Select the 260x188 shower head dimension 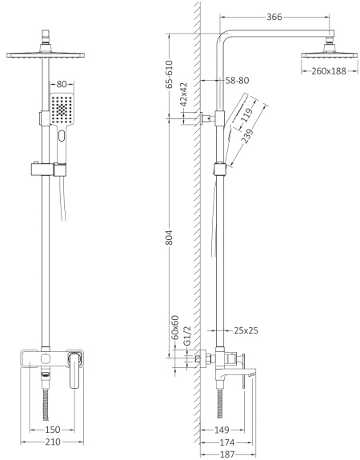point(328,70)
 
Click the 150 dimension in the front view point(52,430)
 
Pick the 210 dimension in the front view point(52,442)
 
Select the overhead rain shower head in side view point(327,55)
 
